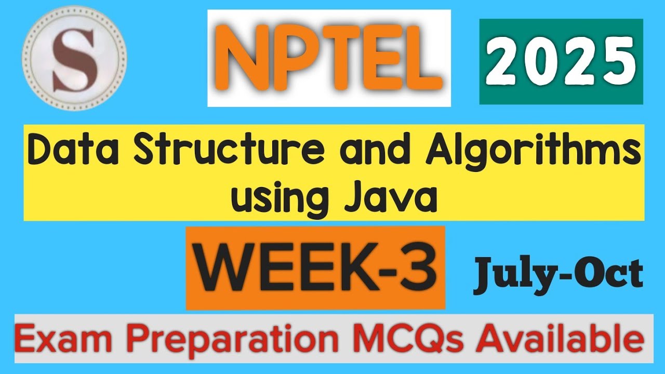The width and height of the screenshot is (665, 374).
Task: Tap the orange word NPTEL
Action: [329, 58]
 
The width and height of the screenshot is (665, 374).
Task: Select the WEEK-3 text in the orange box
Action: [315, 268]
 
